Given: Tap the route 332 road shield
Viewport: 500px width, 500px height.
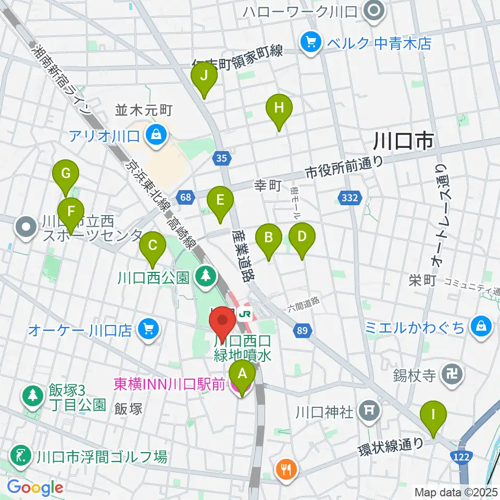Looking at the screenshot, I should (x=351, y=197).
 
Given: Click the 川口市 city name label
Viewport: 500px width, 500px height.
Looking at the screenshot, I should (x=403, y=141).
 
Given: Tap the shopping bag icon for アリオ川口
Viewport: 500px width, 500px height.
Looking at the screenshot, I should (x=155, y=136).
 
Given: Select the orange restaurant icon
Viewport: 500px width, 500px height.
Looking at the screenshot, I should (x=285, y=468).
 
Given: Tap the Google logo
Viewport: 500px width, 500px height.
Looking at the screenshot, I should (x=35, y=488).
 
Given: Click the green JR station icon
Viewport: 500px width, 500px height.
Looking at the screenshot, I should (x=245, y=314).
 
